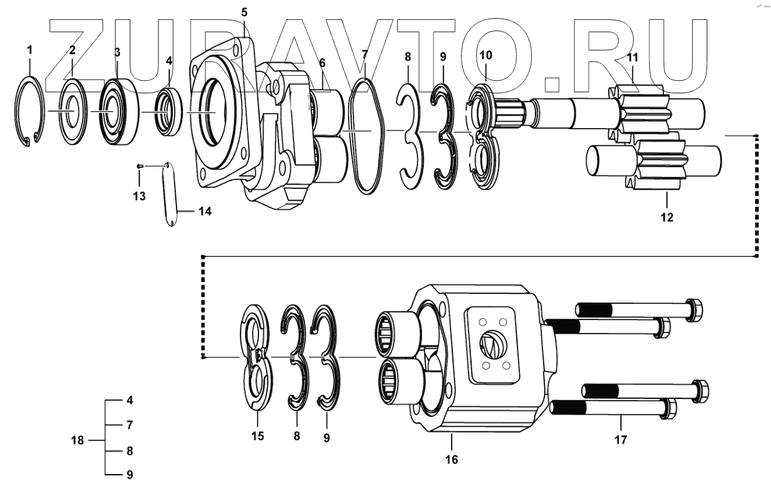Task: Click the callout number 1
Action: (30, 48)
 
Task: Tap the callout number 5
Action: (244, 12)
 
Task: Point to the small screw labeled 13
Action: (140, 166)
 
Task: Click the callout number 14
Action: (204, 211)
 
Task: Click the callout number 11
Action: (632, 58)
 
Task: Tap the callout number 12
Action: (666, 217)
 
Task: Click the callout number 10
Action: (485, 55)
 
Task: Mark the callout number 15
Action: (257, 436)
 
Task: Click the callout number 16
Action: (451, 459)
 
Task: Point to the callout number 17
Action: (621, 440)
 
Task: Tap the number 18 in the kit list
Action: (77, 440)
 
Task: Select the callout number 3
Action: (117, 53)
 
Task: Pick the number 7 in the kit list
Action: (130, 426)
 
